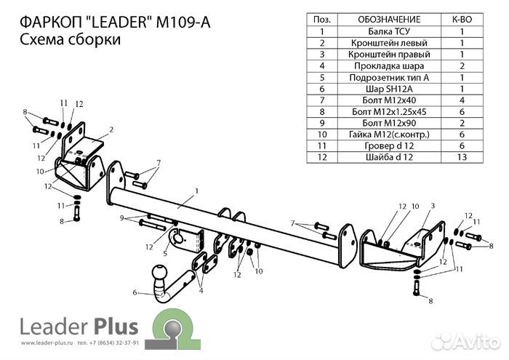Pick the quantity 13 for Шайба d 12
click(x=462, y=156)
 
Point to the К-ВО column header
click(x=462, y=20)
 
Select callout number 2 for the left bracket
click(x=112, y=130)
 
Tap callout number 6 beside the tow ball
click(x=134, y=292)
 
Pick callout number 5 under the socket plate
click(x=166, y=254)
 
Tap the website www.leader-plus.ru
click(x=43, y=340)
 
